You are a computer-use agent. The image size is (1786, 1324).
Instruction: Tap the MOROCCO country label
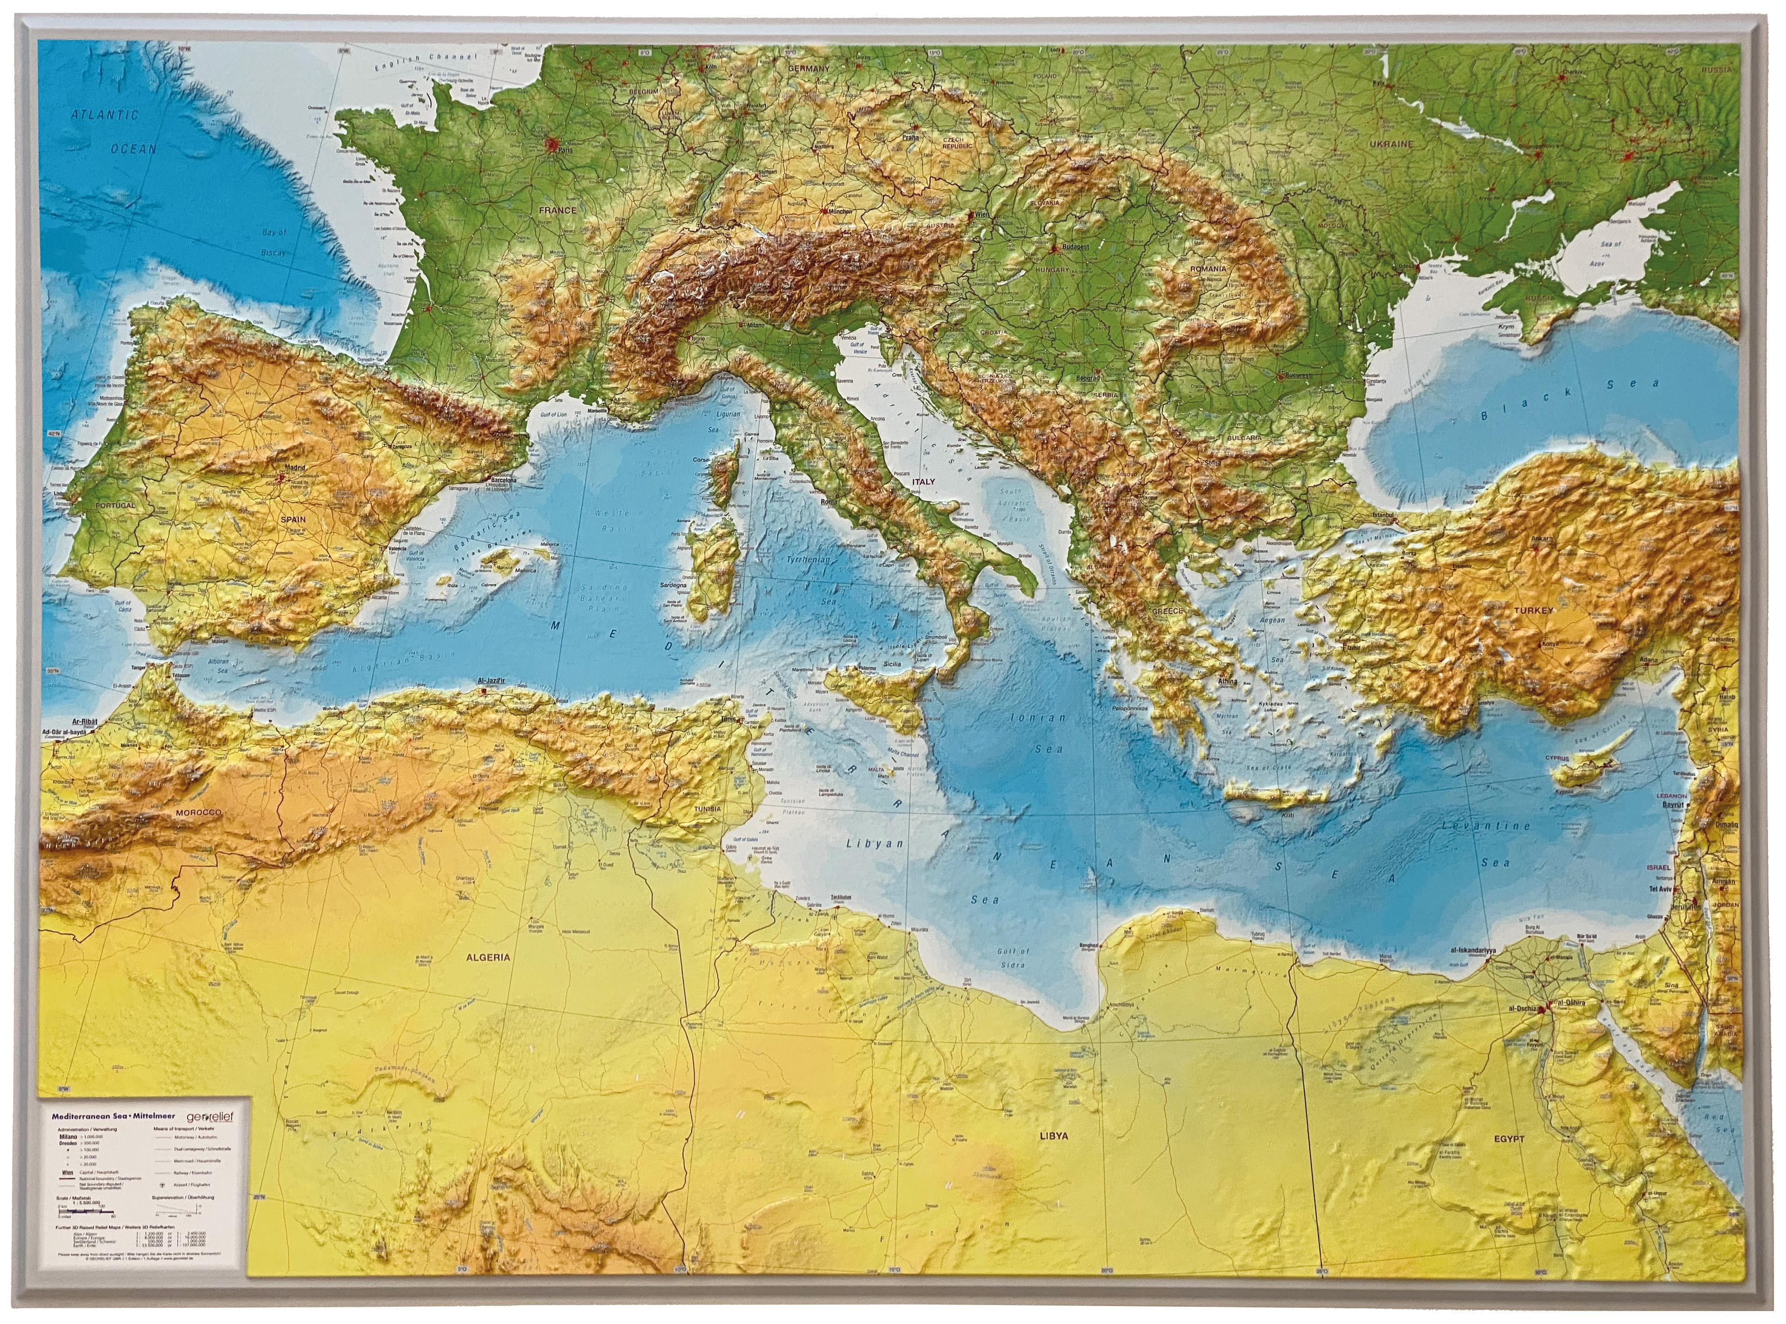197,813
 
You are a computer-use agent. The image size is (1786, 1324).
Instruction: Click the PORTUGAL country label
115,506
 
